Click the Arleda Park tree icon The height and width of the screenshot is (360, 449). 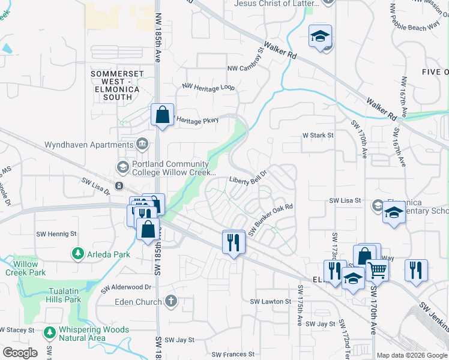[77, 254]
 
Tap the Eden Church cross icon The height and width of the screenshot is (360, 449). [171, 301]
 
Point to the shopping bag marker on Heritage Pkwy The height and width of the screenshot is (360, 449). [163, 115]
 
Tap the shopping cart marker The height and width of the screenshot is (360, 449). [377, 270]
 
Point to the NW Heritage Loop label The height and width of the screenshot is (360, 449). [208, 87]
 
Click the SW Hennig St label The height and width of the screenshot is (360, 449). [57, 234]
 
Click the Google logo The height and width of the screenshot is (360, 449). [20, 353]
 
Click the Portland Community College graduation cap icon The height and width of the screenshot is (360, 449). [122, 167]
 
